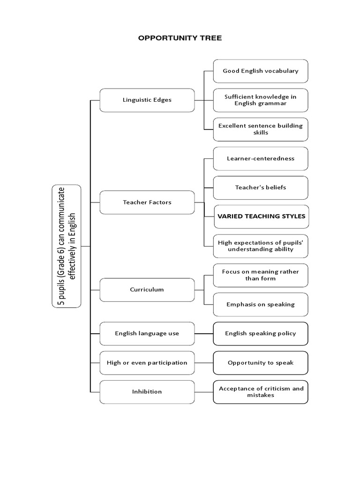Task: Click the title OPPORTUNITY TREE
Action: pos(180,38)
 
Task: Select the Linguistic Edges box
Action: pos(147,100)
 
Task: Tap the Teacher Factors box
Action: pos(147,202)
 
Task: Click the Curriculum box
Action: pos(147,290)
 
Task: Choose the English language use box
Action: pos(147,334)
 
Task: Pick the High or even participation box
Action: pos(147,363)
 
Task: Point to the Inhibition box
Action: pos(147,392)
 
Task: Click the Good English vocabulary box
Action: pos(261,71)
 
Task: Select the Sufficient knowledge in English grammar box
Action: pos(261,100)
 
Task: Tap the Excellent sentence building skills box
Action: pos(261,129)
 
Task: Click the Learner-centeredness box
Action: pos(261,158)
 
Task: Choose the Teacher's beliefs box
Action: pos(261,187)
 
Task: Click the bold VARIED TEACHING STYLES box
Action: pos(261,217)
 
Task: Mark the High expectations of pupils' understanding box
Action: pos(261,246)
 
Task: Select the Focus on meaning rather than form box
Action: pos(261,275)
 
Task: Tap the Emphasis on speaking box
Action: pos(261,304)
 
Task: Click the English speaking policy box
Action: pos(261,334)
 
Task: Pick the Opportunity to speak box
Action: pos(261,363)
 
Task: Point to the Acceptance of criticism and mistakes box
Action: pos(261,392)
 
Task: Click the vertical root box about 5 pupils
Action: pos(67,246)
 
